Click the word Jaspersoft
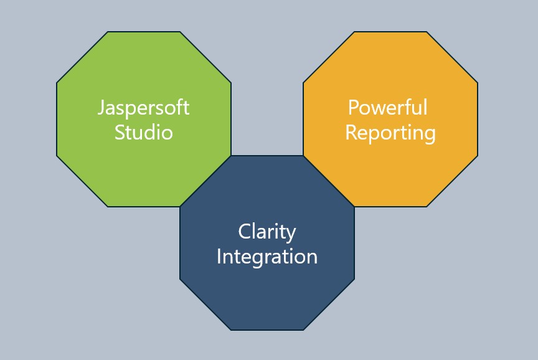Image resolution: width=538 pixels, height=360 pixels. pyautogui.click(x=143, y=108)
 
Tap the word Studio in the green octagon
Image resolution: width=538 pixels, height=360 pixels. pyautogui.click(x=143, y=133)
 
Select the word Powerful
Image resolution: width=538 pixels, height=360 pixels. pyautogui.click(x=387, y=108)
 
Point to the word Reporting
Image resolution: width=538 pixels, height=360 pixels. pyautogui.click(x=390, y=133)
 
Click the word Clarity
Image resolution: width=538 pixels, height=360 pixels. pyautogui.click(x=267, y=232)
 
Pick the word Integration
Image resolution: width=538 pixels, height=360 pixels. pyautogui.click(x=267, y=257)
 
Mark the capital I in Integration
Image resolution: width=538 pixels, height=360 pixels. pyautogui.click(x=219, y=257)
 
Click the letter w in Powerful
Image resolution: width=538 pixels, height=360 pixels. pyautogui.click(x=375, y=109)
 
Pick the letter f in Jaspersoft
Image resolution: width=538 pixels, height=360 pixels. pyautogui.click(x=177, y=107)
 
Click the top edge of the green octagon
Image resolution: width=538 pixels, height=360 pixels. pyautogui.click(x=143, y=32)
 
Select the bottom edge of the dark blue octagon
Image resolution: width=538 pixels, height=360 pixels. pyautogui.click(x=267, y=329)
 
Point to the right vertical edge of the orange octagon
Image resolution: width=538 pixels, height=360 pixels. pyautogui.click(x=478, y=118)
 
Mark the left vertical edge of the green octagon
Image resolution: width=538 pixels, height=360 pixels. pyautogui.click(x=57, y=118)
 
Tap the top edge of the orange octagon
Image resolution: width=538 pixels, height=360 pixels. pyautogui.click(x=390, y=32)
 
